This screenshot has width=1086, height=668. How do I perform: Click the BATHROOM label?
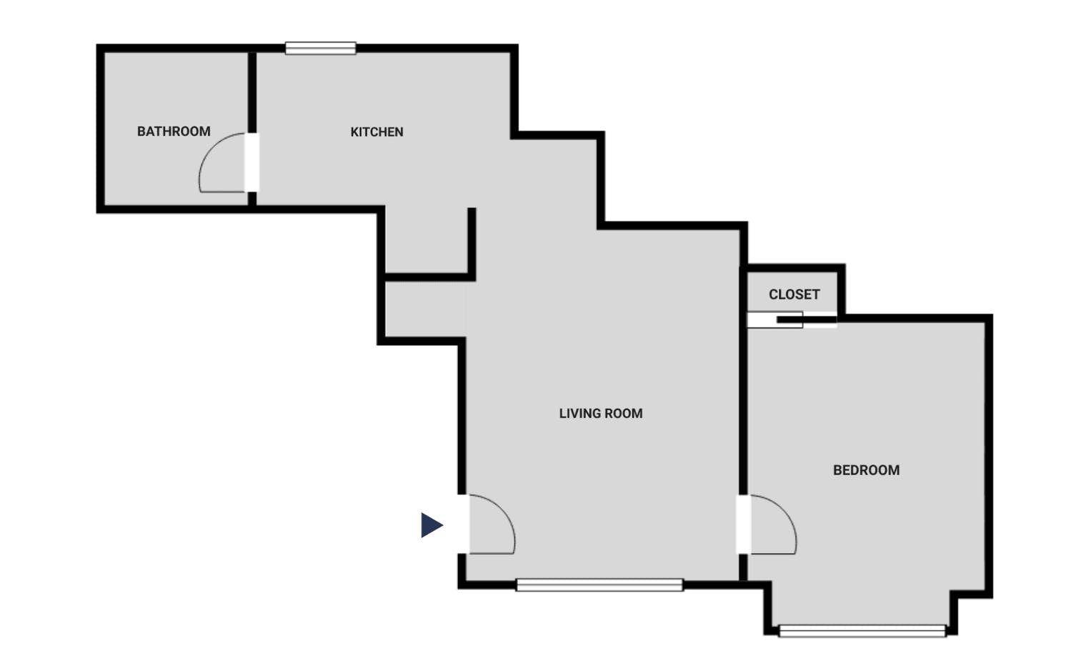tap(174, 131)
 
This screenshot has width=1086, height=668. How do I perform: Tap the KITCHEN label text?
tap(377, 132)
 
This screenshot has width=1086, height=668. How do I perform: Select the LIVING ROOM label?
tap(600, 414)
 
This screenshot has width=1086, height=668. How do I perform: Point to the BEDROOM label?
tap(866, 470)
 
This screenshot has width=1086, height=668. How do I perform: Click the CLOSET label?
tap(794, 294)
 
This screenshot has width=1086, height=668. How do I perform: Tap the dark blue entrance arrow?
tap(431, 525)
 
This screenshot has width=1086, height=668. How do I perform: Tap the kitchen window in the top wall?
tap(321, 49)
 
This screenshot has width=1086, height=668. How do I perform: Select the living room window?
tap(599, 585)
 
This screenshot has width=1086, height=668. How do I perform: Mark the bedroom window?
tap(862, 631)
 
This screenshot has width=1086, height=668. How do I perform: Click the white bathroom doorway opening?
tap(251, 162)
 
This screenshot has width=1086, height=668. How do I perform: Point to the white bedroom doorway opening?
tap(743, 524)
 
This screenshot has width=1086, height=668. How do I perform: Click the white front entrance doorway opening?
tap(463, 524)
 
